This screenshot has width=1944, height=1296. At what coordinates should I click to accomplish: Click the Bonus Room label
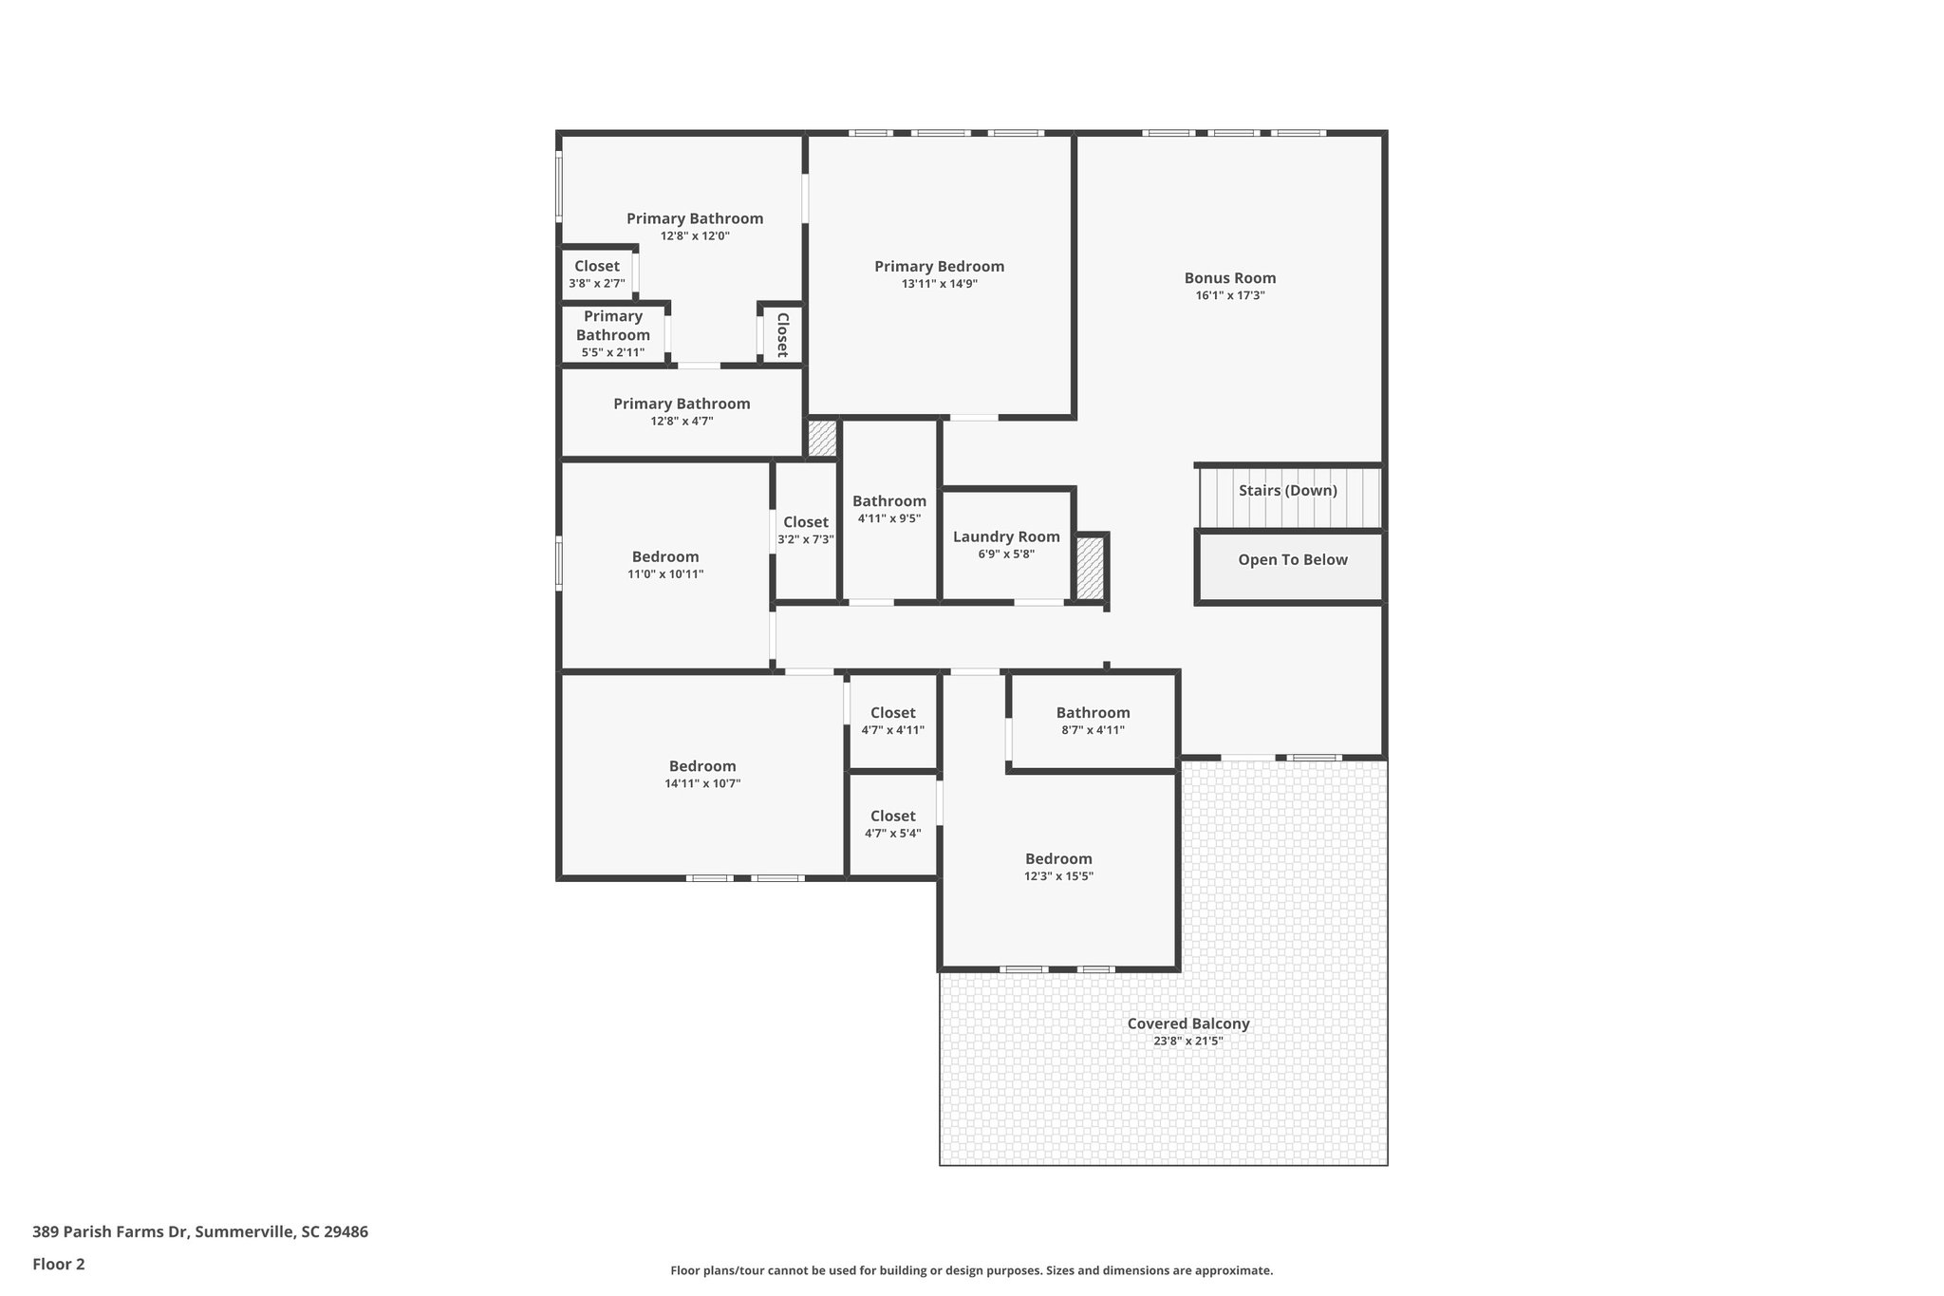click(x=1229, y=278)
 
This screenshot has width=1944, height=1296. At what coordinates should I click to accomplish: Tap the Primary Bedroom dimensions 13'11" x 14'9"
click(x=939, y=284)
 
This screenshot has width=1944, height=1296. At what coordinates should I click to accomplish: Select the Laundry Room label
click(x=1006, y=537)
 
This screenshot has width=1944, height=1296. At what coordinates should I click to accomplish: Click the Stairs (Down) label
click(x=1287, y=491)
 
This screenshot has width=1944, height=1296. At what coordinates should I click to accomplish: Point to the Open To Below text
click(x=1292, y=560)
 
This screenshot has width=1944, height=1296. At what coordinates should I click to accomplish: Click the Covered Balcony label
click(x=1187, y=1024)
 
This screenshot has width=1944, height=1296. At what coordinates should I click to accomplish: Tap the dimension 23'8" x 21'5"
click(x=1187, y=1042)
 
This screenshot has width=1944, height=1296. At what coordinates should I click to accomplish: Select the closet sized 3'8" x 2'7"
click(x=596, y=274)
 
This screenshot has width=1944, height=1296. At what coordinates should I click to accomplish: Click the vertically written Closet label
click(x=782, y=334)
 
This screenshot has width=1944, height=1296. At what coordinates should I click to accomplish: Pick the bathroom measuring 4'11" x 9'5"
click(x=888, y=509)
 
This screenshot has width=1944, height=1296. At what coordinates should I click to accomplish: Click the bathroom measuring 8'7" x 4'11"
click(x=1093, y=721)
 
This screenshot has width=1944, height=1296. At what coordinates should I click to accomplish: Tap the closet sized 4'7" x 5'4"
click(x=892, y=824)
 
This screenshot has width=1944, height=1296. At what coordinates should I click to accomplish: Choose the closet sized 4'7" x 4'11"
click(x=892, y=721)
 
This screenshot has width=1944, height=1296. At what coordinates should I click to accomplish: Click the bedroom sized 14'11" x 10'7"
click(x=702, y=774)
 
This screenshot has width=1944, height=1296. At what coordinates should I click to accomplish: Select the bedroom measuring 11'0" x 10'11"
click(x=665, y=565)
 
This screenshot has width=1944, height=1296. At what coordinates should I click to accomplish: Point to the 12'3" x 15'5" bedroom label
click(x=1058, y=867)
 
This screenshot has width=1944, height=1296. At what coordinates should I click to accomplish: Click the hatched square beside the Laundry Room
click(x=1090, y=568)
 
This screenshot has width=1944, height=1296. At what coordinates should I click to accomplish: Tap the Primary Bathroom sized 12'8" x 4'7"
click(x=682, y=411)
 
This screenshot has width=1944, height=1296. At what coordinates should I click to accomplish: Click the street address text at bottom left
click(x=200, y=1232)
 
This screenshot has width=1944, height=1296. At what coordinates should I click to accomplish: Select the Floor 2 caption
click(x=59, y=1265)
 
